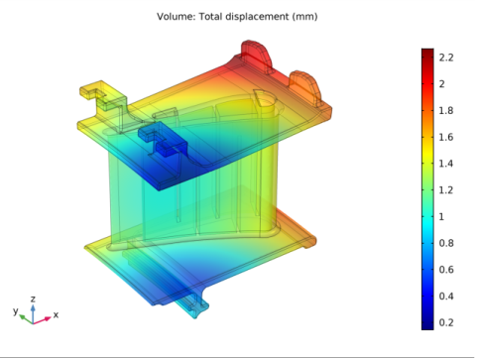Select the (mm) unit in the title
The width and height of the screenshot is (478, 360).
click(x=304, y=17)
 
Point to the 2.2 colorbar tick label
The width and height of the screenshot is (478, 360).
click(x=446, y=58)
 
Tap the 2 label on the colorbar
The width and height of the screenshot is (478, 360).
click(x=442, y=84)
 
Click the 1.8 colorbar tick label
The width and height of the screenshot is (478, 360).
click(x=446, y=110)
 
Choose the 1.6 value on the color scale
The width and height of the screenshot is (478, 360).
click(x=446, y=137)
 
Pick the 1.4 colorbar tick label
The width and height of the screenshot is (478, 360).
click(x=446, y=164)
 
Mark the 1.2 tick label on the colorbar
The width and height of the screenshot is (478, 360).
click(x=446, y=190)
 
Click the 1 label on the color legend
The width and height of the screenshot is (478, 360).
click(x=441, y=216)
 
